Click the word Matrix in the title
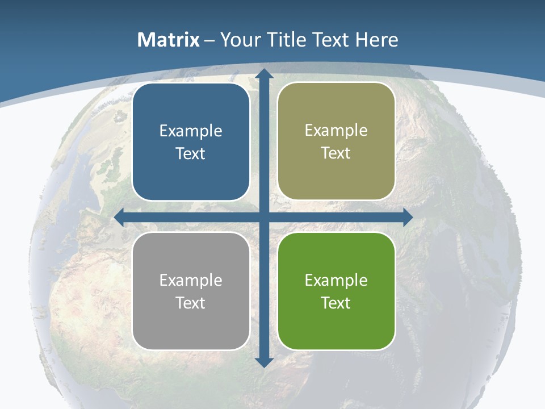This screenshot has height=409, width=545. (x=169, y=40)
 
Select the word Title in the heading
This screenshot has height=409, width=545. (x=287, y=40)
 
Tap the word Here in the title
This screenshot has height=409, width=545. (x=376, y=40)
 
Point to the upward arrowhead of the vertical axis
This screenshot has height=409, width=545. (x=263, y=74)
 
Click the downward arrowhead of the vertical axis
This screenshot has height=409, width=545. (x=263, y=362)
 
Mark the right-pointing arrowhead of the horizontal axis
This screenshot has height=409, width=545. (x=407, y=217)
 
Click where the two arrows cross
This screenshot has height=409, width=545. (x=263, y=217)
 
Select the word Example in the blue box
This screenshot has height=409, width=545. (x=191, y=131)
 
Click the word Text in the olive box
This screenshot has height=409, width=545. (x=336, y=153)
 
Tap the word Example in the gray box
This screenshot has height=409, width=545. (x=191, y=280)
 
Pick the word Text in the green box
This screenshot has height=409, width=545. (x=336, y=303)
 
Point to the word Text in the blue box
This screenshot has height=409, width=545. (x=191, y=154)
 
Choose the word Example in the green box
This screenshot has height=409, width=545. (x=336, y=280)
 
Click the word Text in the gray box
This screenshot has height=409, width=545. (x=191, y=303)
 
